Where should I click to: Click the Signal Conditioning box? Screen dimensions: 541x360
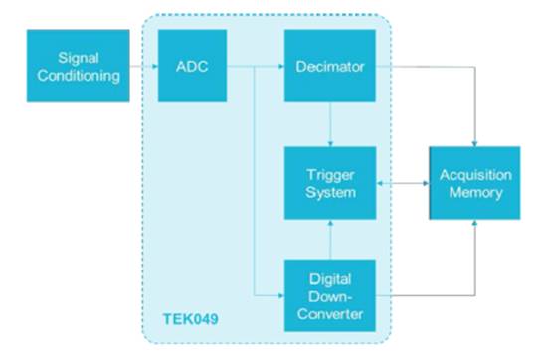79,66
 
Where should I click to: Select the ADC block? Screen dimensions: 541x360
192,66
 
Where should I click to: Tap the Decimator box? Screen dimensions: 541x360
330,66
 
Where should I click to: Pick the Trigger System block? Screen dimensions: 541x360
330,183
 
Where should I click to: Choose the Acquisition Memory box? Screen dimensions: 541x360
474,183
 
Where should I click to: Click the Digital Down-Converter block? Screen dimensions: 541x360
330,295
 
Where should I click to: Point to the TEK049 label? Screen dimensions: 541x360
191,319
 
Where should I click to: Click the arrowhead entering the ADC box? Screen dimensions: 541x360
155,66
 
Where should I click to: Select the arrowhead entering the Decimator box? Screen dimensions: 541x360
281,66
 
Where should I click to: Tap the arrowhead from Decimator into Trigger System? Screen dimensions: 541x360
330,144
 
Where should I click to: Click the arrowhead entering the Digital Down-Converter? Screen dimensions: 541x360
281,295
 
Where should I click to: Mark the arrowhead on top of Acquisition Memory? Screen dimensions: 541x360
475,144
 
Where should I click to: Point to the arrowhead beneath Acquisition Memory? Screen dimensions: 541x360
475,223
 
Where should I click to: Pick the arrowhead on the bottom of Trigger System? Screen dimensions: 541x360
330,223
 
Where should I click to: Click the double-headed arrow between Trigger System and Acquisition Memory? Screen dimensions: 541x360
403,183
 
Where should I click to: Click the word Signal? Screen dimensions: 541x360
79,58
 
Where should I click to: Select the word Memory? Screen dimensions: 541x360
475,192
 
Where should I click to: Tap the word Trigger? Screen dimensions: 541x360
330,175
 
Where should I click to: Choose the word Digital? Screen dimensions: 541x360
330,279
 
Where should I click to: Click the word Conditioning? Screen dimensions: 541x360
79,76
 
